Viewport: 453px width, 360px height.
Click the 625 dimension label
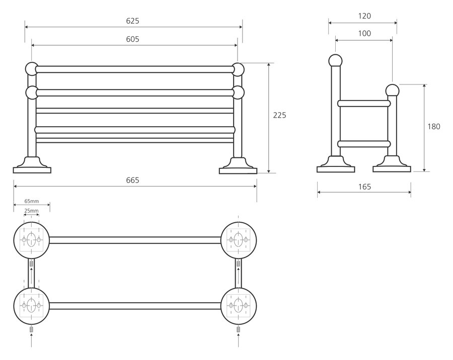coord(133,21)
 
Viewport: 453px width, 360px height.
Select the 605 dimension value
coord(133,39)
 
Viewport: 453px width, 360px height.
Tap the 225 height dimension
coord(279,115)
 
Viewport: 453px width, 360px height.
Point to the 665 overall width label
coord(133,180)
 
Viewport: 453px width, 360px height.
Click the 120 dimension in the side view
coord(364,16)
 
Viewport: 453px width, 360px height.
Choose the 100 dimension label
coord(364,34)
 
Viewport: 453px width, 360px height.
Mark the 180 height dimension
coord(434,126)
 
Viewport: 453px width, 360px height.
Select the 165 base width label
coord(364,187)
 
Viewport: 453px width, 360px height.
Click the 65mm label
coord(32,201)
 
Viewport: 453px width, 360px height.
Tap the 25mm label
coord(32,211)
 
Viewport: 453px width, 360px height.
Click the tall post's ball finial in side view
coord(335,60)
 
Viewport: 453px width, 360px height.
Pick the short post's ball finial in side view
coord(392,91)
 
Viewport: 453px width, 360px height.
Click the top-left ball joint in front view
coord(31,68)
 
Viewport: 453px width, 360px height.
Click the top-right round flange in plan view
coord(239,239)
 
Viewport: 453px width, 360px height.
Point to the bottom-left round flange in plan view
coord(31,305)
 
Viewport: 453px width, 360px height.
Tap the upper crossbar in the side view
coord(363,104)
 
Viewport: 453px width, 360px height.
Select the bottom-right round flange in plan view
coord(239,305)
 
